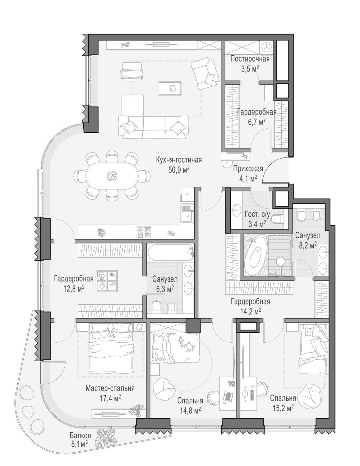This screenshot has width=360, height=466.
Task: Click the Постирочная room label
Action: click(250, 59)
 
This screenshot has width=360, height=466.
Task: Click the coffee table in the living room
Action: click(170, 88)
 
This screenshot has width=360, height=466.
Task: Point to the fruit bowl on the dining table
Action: click(112, 176)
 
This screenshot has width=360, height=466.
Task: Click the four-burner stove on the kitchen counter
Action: click(144, 232)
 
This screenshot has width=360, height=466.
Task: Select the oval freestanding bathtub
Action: click(256, 255)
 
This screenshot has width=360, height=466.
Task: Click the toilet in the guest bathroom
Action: click(277, 219)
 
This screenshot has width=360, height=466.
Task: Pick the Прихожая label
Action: click(248, 169)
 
